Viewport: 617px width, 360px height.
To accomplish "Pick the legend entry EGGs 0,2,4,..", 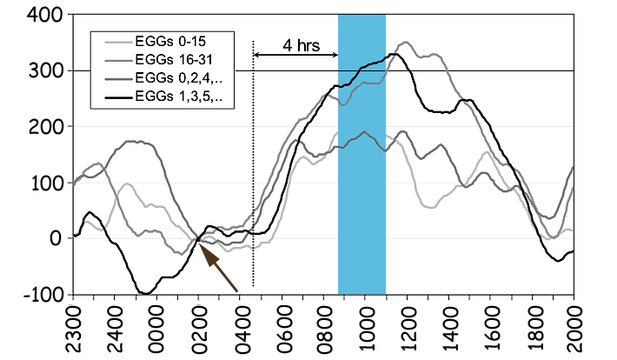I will (x=171, y=77).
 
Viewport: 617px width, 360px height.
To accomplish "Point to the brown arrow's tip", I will (x=200, y=245).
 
